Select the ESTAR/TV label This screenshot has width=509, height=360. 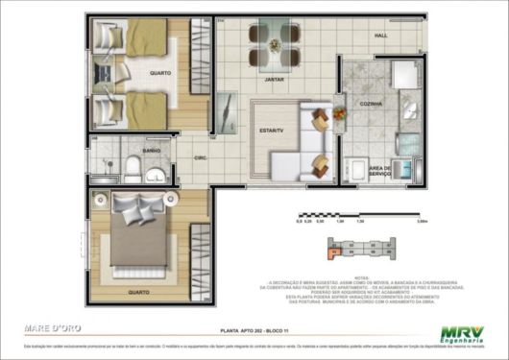(x=270, y=129)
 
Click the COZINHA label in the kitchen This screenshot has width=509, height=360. (x=371, y=104)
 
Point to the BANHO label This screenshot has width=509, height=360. (x=151, y=151)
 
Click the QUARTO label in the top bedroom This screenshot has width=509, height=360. (x=160, y=72)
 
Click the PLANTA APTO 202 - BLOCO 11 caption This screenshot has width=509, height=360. (x=254, y=327)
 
